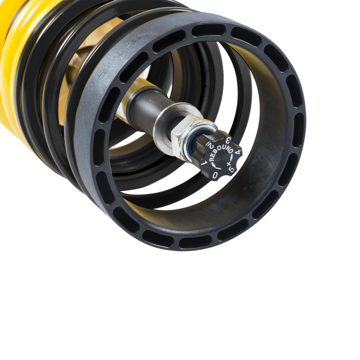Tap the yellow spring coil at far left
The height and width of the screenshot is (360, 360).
coord(11,67)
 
